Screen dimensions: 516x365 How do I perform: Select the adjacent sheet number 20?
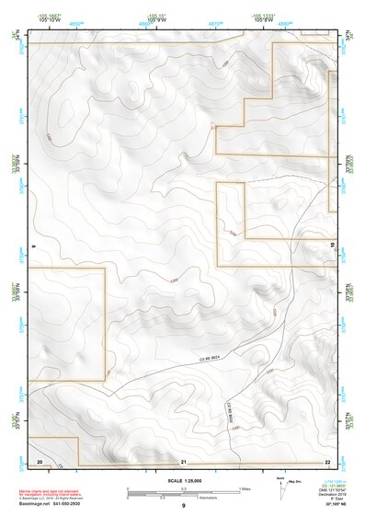coord(40,459)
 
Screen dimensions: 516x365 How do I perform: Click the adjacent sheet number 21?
coord(184,459)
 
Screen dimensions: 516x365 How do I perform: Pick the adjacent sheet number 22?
coord(327,459)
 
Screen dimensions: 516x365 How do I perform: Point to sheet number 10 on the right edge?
coord(332,245)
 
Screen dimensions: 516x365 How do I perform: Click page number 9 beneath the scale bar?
coord(183,506)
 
